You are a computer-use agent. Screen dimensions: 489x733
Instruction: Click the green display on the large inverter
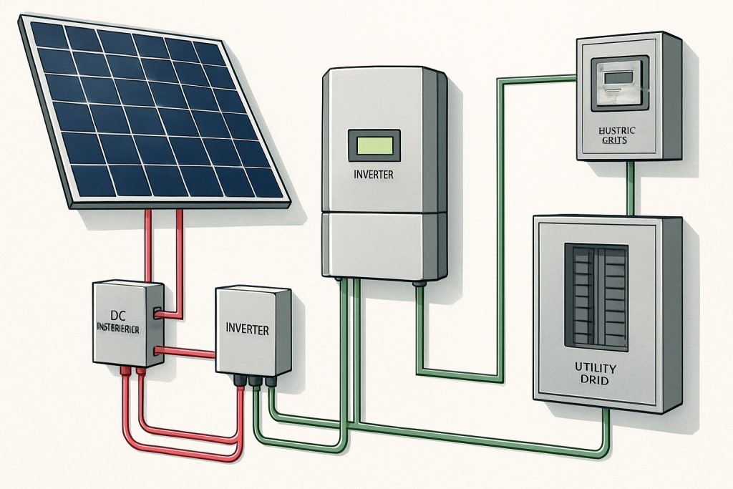coord(373,145)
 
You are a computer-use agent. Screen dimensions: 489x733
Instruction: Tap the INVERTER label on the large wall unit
coord(374,174)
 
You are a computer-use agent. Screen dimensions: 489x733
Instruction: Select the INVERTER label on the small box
coord(247,330)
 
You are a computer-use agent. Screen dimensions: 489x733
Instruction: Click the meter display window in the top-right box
coord(621,84)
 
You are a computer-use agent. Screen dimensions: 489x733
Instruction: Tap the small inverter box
coord(252,329)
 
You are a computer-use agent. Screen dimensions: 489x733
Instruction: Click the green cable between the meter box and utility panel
coord(630,187)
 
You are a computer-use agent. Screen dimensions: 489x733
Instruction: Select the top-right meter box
coord(628,96)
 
